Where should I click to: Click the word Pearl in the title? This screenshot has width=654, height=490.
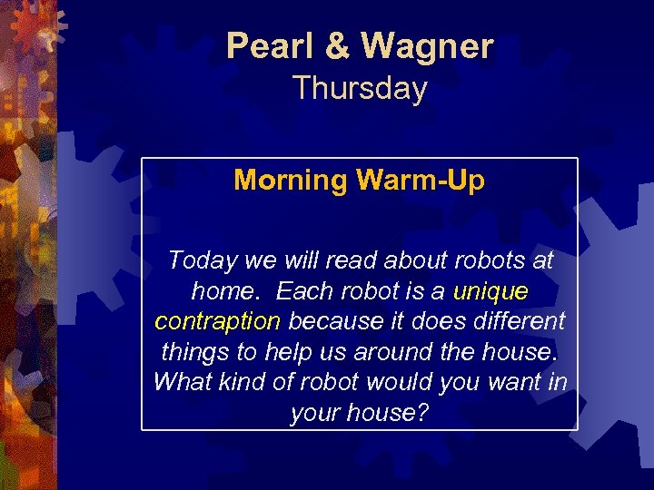pyautogui.click(x=263, y=45)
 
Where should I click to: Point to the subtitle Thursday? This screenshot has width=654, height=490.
pyautogui.click(x=360, y=89)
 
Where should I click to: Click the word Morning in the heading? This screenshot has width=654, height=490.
pyautogui.click(x=291, y=180)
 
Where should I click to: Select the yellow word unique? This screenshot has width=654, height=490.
pyautogui.click(x=490, y=291)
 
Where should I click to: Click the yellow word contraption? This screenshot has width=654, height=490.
pyautogui.click(x=217, y=321)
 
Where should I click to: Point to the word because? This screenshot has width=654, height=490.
pyautogui.click(x=333, y=321)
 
